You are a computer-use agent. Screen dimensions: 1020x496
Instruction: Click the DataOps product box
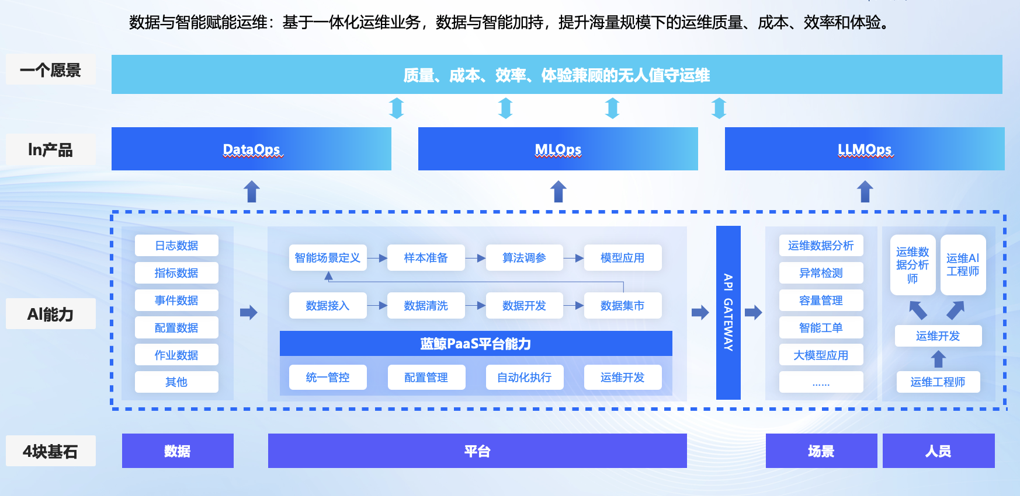(x=251, y=149)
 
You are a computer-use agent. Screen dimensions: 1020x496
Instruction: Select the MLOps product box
(x=558, y=149)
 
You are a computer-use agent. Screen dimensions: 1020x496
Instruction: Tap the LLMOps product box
(x=865, y=149)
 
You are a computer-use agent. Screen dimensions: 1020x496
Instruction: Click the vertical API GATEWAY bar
(x=728, y=313)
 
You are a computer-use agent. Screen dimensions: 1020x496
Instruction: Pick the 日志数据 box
(x=176, y=246)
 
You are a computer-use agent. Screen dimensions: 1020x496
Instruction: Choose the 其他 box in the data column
(x=176, y=382)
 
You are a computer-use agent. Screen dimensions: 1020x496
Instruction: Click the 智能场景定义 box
(x=328, y=258)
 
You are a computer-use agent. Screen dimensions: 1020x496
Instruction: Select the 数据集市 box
(x=623, y=306)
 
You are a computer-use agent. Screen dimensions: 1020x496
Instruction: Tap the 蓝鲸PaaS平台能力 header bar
(x=476, y=344)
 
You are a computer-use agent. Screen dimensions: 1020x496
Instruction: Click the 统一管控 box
(x=328, y=378)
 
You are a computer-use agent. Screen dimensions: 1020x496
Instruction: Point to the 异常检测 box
(x=821, y=273)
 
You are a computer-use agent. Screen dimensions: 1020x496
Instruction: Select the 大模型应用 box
(x=821, y=355)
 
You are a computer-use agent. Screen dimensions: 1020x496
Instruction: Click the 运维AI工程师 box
(x=963, y=265)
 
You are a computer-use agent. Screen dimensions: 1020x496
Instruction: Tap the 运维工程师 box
(x=938, y=382)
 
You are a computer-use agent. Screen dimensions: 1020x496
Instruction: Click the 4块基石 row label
(x=51, y=451)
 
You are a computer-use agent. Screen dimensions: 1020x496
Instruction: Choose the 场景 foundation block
(x=821, y=451)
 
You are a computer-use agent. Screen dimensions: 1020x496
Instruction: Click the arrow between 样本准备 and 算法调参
(x=476, y=258)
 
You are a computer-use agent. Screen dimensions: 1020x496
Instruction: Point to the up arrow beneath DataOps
(x=252, y=191)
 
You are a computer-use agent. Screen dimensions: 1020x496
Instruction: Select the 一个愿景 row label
(x=51, y=70)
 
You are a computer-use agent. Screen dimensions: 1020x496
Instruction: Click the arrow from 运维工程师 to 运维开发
(x=938, y=359)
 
